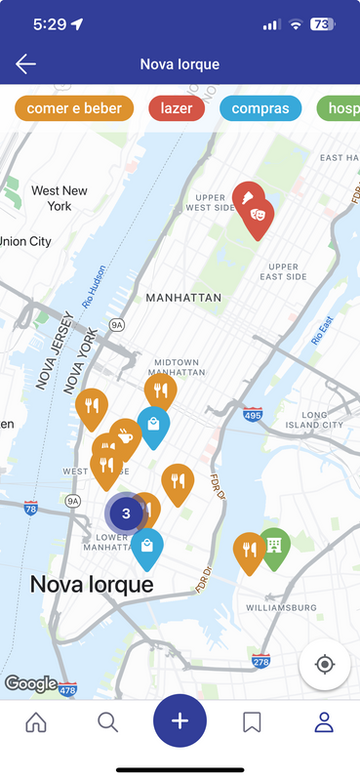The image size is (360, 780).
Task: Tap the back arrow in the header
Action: click(25, 64)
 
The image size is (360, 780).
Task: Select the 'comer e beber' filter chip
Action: click(74, 108)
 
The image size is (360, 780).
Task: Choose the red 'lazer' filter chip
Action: click(177, 108)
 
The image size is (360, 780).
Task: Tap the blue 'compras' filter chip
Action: click(260, 108)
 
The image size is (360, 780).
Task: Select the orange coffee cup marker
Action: click(126, 436)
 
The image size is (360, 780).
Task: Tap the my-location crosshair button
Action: click(325, 665)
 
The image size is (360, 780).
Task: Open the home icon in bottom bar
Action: click(36, 722)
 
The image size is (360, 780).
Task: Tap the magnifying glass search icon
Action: click(108, 722)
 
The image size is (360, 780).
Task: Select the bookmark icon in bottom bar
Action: click(252, 722)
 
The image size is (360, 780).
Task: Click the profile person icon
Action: click(324, 722)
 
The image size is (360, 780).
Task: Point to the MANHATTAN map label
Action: click(183, 297)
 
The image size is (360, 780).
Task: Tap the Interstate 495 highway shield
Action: click(253, 416)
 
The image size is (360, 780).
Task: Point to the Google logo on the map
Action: click(30, 684)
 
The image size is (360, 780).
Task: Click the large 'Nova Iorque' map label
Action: click(92, 585)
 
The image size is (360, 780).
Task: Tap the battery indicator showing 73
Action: click(322, 23)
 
